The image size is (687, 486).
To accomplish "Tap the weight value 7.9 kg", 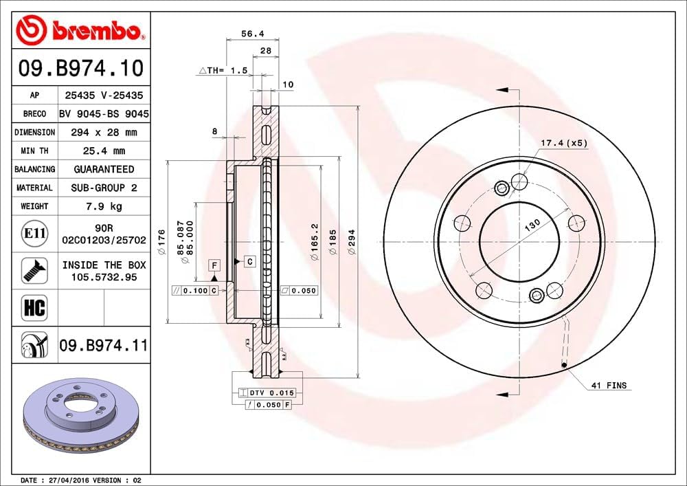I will pos(104,206).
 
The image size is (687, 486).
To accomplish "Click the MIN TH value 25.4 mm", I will pos(104,151).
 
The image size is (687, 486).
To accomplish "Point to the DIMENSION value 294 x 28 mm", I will pos(104,132).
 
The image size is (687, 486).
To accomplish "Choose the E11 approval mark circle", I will pos(34,234).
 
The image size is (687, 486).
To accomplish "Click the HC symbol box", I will pos(34,307).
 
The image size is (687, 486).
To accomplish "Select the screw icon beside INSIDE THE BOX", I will pos(34,270).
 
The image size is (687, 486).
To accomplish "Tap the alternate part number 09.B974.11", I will pos(104,344).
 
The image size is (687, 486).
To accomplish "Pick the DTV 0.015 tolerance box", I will pos(269,393).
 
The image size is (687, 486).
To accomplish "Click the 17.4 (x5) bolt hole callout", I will pos(554,143).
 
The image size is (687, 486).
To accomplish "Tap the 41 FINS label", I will pos(609,386).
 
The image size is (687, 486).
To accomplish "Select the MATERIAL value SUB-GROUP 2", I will pos(104,188).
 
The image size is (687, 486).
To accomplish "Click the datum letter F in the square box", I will pos(214,265).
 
